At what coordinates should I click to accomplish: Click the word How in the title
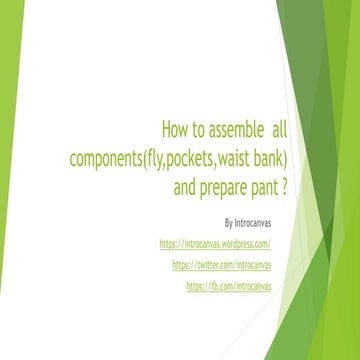coord(173,130)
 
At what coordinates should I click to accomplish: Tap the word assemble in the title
coord(225,130)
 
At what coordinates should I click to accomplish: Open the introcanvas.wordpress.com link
coord(215,243)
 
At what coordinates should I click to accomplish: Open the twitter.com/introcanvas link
coord(222,265)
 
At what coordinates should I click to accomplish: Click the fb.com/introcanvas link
coord(229,286)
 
